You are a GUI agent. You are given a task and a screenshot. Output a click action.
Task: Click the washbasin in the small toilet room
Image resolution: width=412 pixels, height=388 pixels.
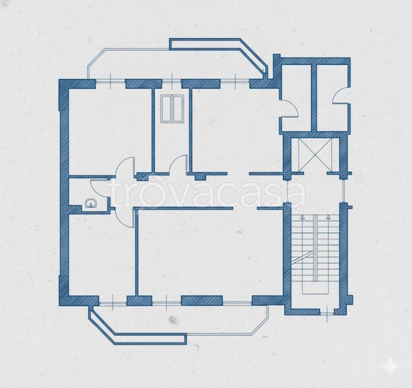coord(91,203)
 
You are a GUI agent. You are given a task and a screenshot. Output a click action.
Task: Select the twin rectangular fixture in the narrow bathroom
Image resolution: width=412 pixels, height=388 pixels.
coord(172,109)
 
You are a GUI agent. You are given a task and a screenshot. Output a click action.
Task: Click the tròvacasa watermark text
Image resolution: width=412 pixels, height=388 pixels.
coord(206,193)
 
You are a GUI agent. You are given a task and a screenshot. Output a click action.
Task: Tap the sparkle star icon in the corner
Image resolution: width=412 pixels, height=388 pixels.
coord(390,365)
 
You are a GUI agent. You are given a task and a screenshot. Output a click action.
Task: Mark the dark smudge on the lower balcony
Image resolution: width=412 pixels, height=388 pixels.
coord(173,320)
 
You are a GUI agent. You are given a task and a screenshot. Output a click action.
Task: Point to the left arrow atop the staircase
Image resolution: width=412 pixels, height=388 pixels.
coord(303,217)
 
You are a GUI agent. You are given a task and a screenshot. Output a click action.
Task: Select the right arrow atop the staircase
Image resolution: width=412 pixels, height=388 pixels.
coord(328,217)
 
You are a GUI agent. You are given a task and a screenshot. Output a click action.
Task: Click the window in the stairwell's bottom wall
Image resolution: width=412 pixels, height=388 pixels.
coord(327,313)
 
